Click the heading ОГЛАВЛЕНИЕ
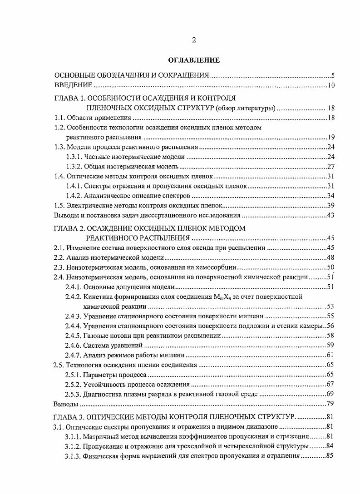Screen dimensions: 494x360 193,60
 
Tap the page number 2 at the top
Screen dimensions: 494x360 193,40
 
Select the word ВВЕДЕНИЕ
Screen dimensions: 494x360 74,85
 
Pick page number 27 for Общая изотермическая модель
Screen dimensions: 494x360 330,166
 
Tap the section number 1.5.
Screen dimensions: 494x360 59,206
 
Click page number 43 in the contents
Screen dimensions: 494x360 330,216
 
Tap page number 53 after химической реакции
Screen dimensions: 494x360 330,306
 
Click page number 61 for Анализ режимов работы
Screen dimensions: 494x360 330,355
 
